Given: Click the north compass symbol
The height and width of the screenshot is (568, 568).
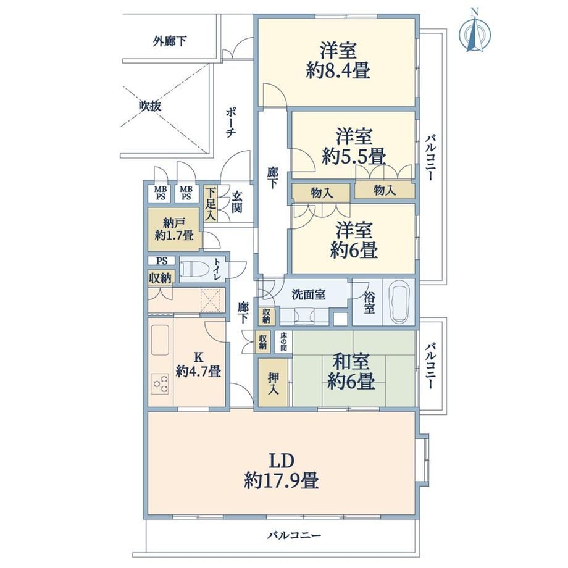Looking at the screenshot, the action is pos(475,32).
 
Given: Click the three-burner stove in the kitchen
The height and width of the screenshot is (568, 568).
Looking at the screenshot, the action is pos(159,383).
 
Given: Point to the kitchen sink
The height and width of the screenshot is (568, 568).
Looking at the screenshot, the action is pos(160,340).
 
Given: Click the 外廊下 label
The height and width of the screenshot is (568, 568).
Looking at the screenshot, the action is pos(170,41).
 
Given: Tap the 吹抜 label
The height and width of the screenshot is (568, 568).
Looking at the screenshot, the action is pos(150,106).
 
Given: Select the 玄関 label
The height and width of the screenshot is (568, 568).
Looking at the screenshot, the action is pos(237,202).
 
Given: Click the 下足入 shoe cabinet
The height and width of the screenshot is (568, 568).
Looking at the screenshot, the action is pos(211,204).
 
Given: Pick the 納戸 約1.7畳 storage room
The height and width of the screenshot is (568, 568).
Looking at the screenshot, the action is pos(173,229).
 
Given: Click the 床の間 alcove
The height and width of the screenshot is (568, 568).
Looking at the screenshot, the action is pos(283,342).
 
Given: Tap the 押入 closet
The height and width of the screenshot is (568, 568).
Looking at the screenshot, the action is pos(274,383).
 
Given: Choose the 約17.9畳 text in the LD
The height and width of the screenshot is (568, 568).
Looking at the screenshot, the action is pos(282,481).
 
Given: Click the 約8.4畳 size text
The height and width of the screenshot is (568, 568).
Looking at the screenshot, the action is pos(338,70).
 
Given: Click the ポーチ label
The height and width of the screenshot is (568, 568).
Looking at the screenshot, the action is pos(231,122).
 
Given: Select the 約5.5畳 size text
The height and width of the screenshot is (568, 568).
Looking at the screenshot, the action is pos(354,157).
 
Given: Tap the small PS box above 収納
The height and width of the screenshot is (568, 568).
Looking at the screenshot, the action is pos(162,261).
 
